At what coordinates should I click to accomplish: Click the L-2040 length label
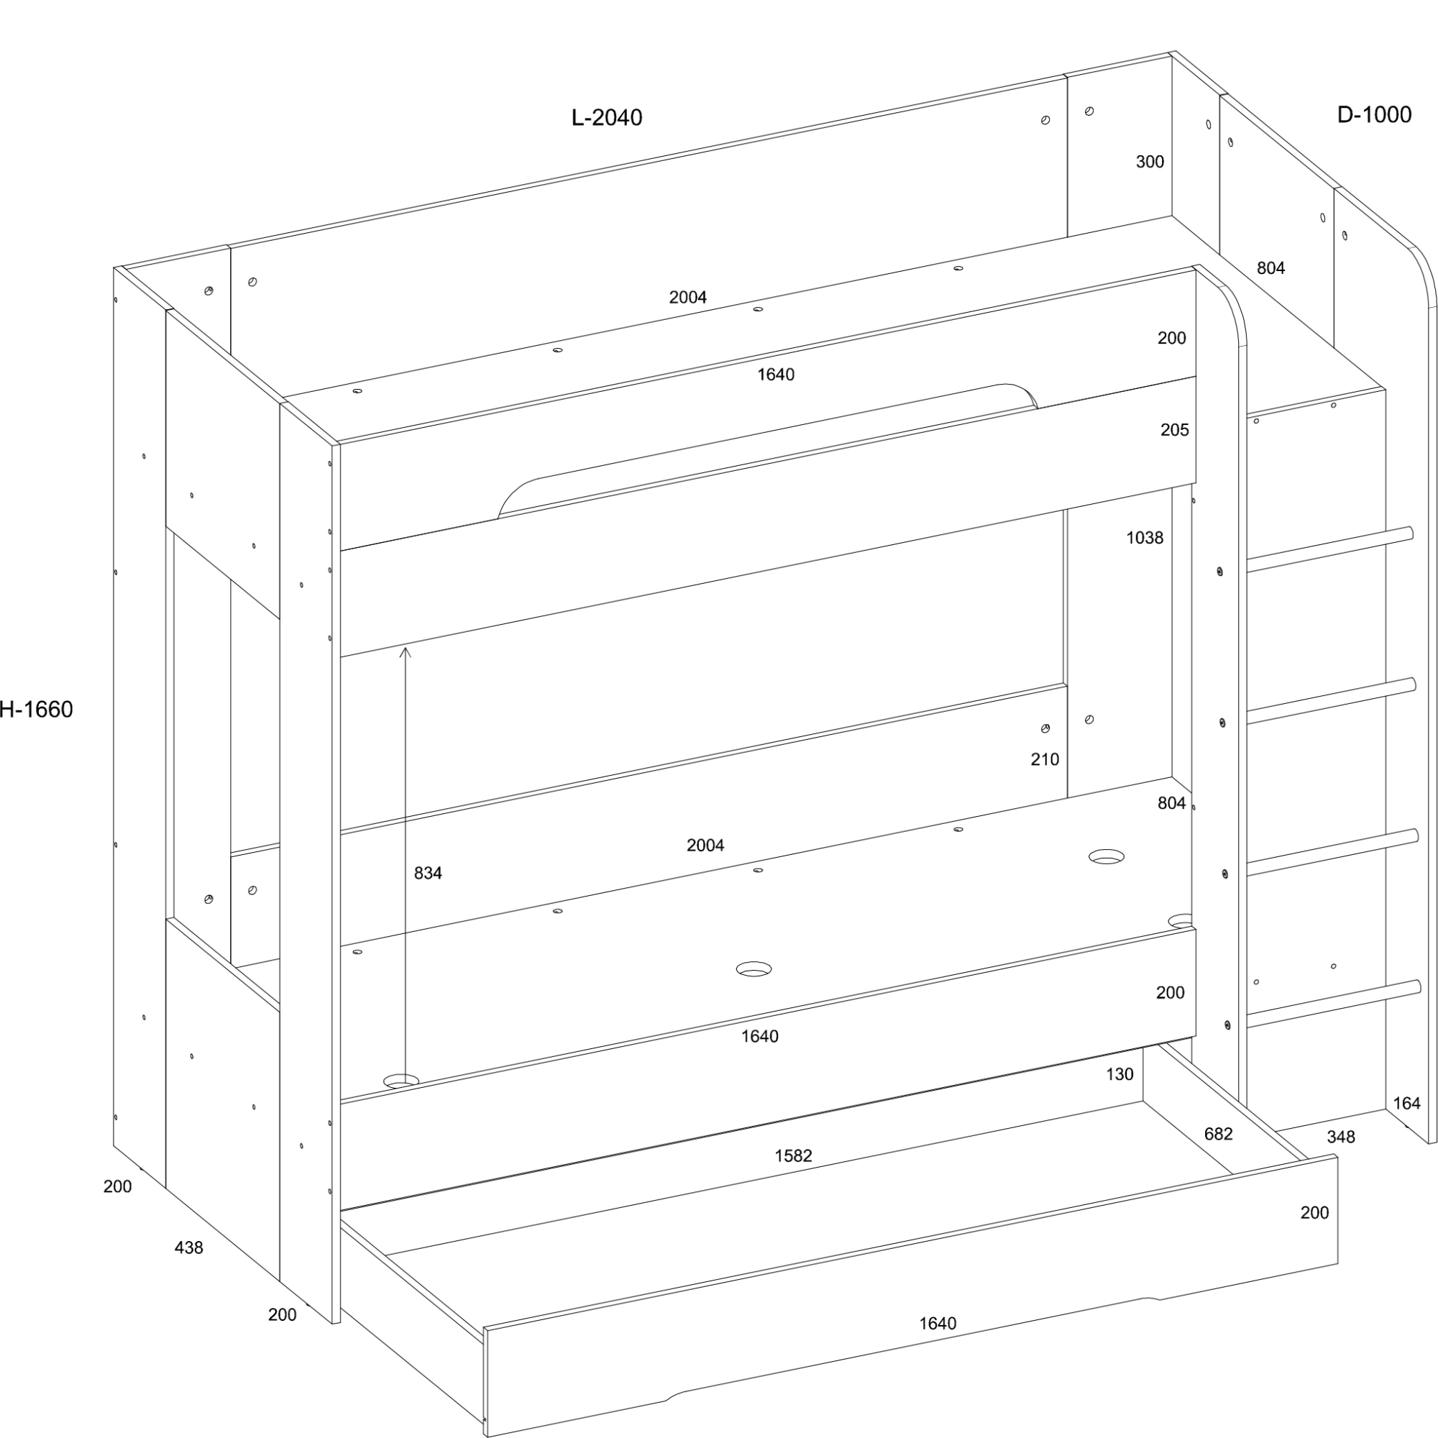pos(607,118)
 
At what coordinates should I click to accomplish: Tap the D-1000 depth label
pos(1374,114)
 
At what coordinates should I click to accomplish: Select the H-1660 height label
pos(37,710)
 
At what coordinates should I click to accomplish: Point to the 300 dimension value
pos(1150,162)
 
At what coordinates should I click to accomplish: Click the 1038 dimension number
pos(1145,537)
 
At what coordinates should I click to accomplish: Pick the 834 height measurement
pos(428,873)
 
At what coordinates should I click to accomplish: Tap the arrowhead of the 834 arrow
pos(405,653)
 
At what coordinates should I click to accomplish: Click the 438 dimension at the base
pos(188,1247)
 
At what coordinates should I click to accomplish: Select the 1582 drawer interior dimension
pos(794,1156)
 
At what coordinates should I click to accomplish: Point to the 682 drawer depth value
pos(1219,1134)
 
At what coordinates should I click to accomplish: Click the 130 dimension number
pos(1119,1074)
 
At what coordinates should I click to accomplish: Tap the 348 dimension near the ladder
pos(1340,1137)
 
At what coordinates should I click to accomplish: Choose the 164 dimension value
pos(1407,1103)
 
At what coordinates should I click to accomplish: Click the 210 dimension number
pos(1045,759)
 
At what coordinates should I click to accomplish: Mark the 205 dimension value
pos(1175,429)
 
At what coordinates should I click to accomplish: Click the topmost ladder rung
pos(1330,549)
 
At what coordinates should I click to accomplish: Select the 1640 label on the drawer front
pos(938,1324)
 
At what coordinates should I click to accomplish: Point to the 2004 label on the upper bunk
pos(688,297)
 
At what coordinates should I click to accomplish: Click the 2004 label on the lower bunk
pos(705,845)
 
